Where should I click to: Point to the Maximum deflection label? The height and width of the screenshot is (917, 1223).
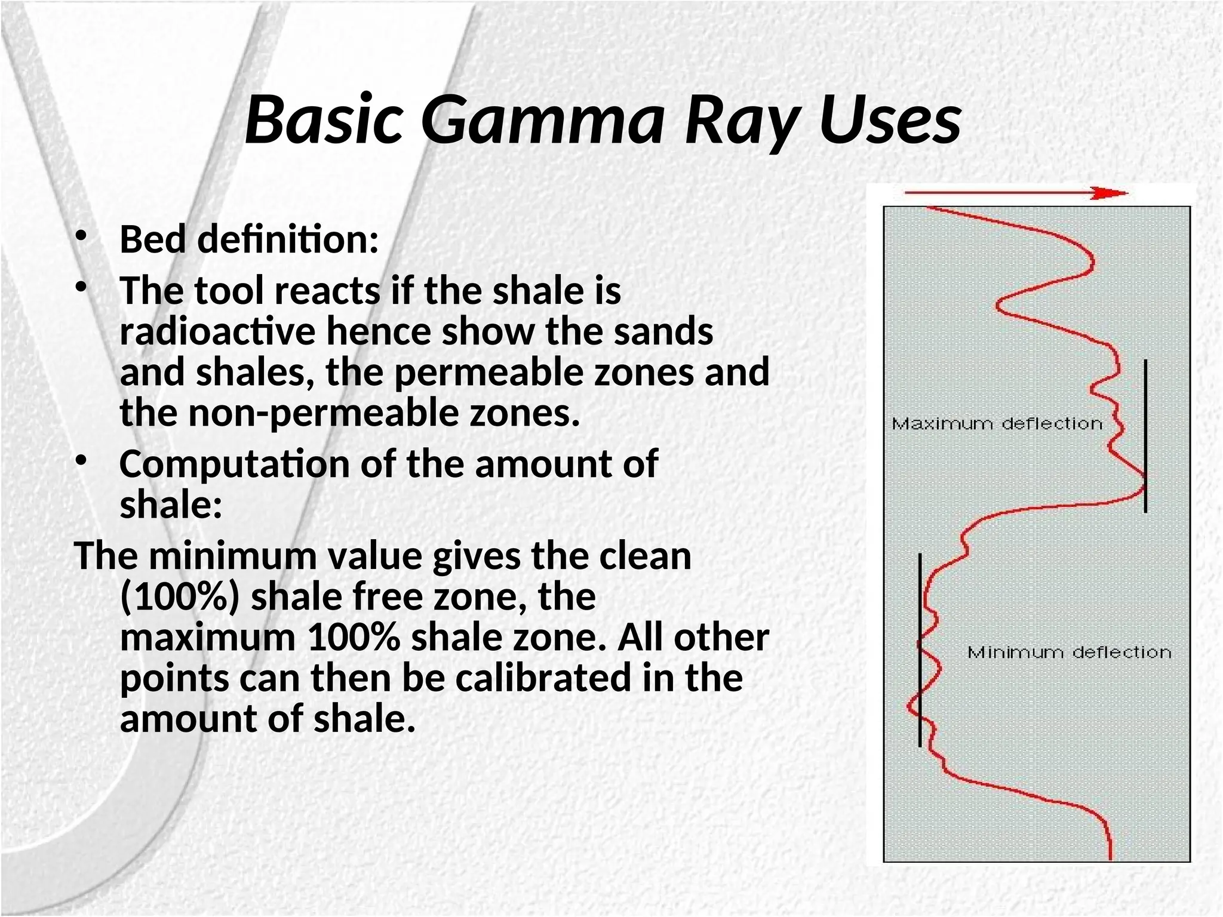[997, 424]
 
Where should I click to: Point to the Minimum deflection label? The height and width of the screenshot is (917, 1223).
[1069, 653]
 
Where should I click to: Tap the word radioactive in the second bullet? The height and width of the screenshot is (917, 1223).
[217, 331]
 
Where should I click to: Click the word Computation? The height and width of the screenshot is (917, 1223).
[234, 464]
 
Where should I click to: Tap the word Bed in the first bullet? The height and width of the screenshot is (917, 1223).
[153, 239]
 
